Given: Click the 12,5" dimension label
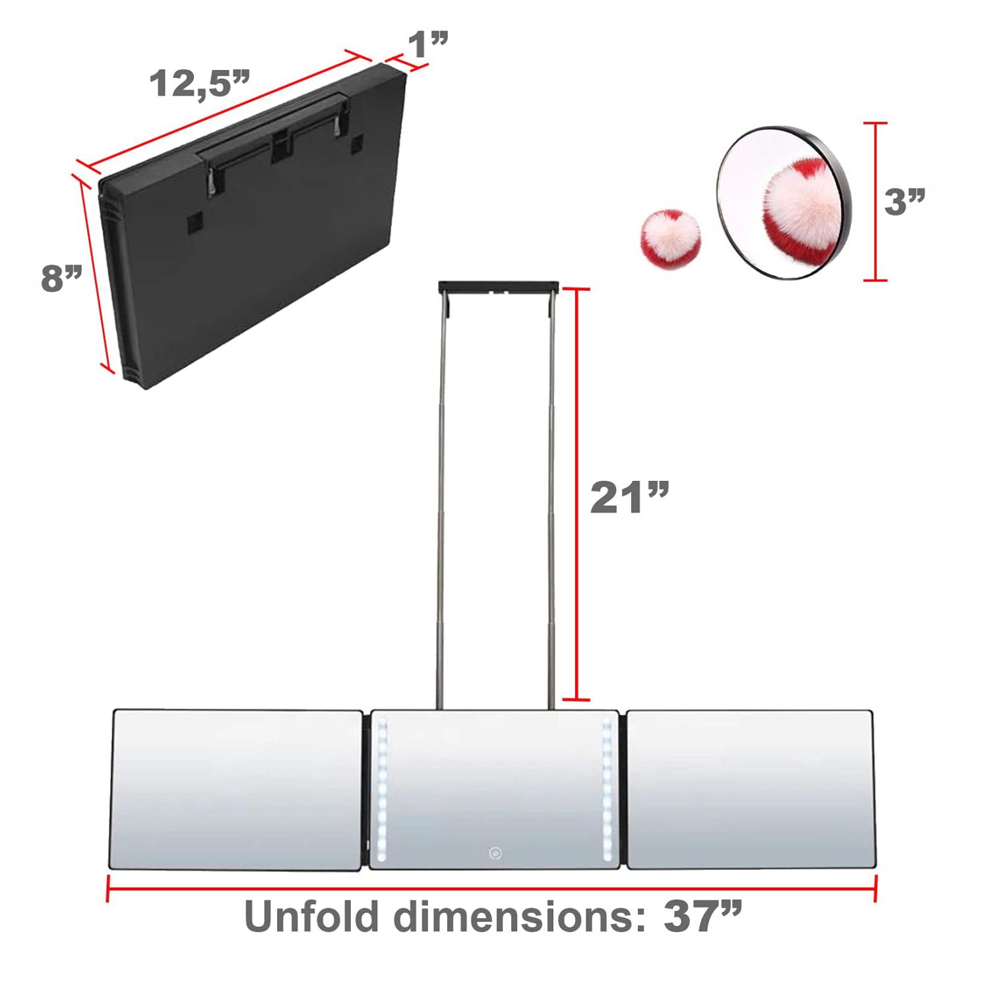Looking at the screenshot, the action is coord(200,84).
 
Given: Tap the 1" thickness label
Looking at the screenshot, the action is coord(428,44).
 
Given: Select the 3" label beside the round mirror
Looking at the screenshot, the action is coord(905,201).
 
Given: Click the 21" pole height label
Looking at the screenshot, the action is coord(630,497).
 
